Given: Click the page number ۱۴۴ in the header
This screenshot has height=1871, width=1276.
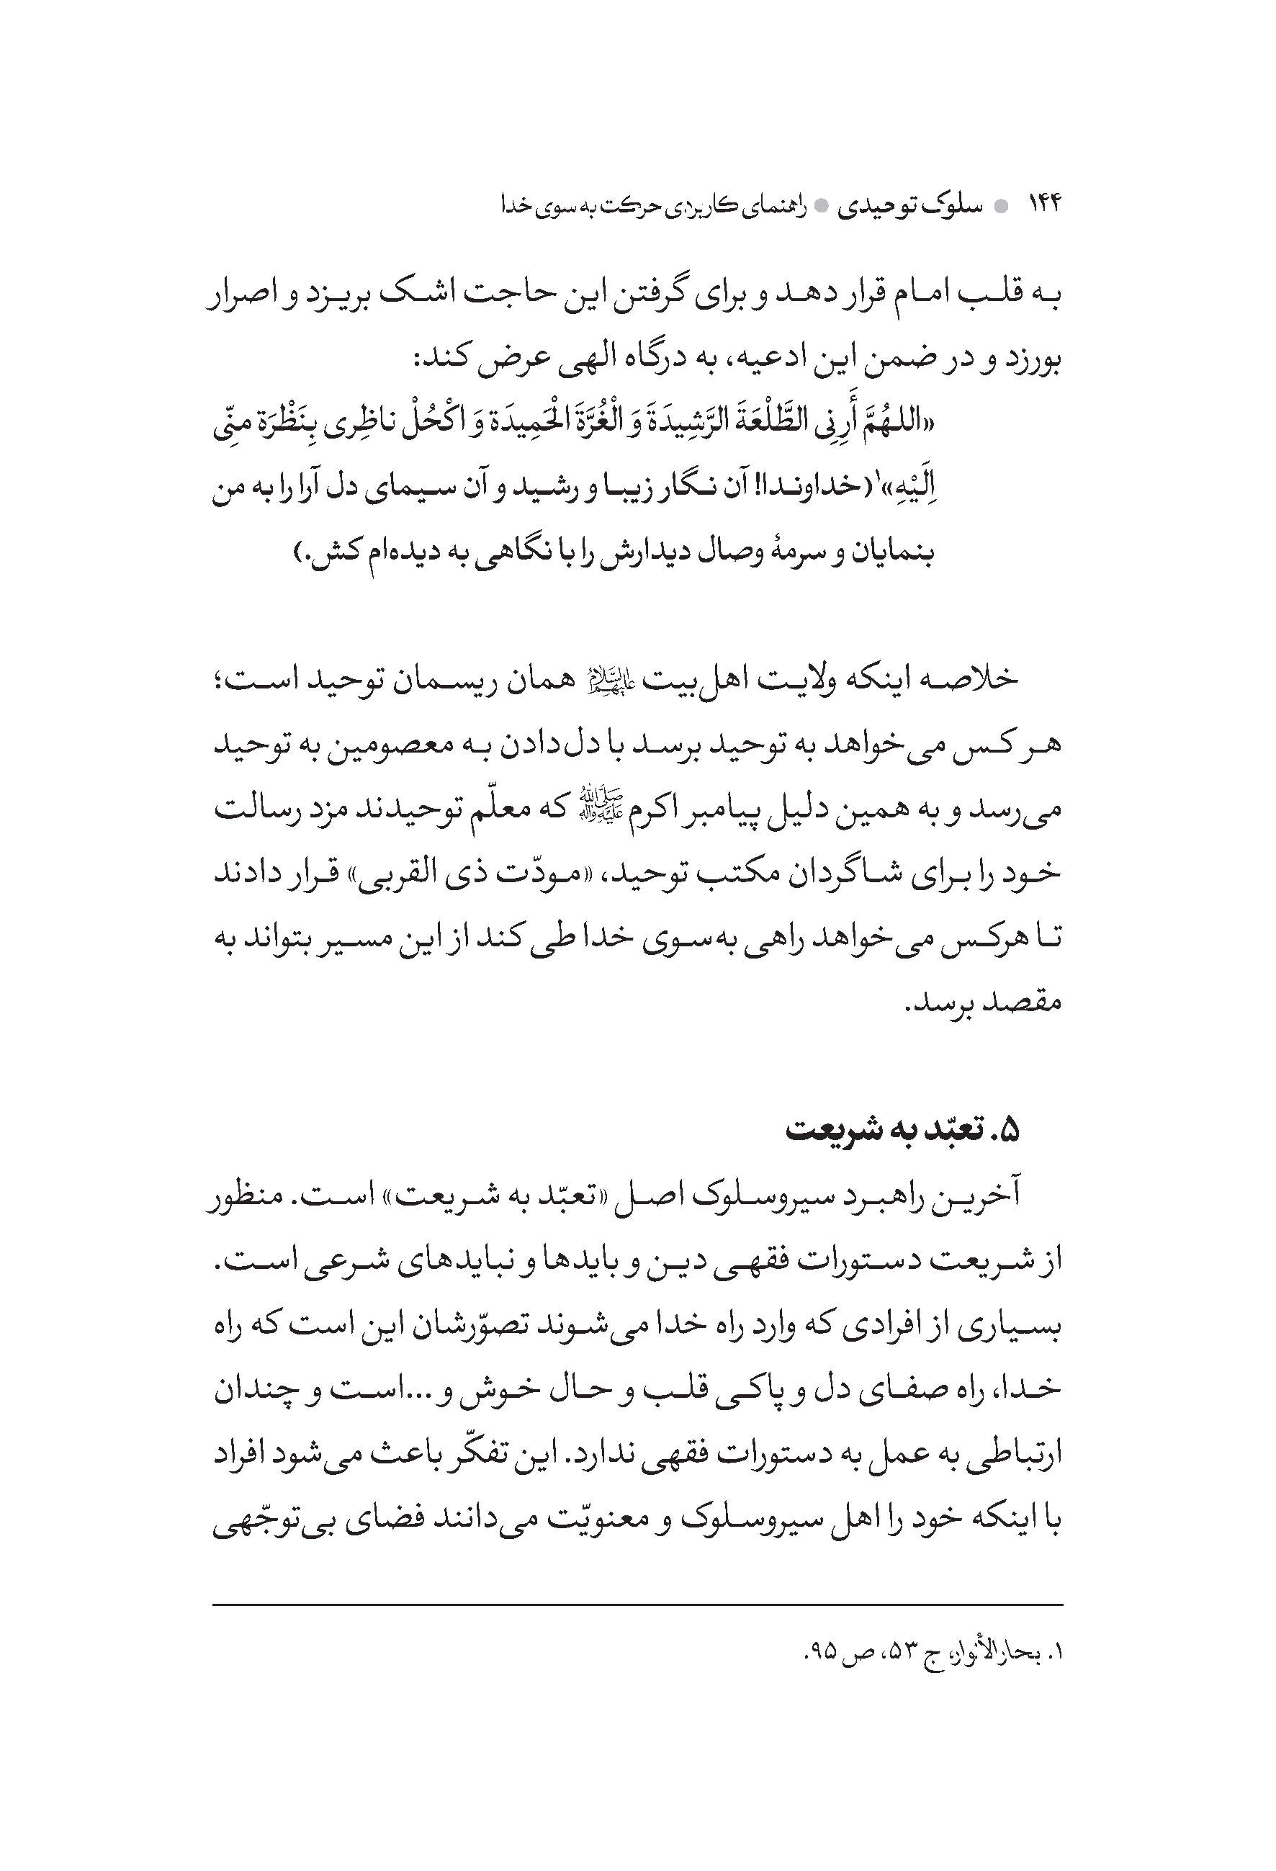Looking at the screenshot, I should pos(1045,206).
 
